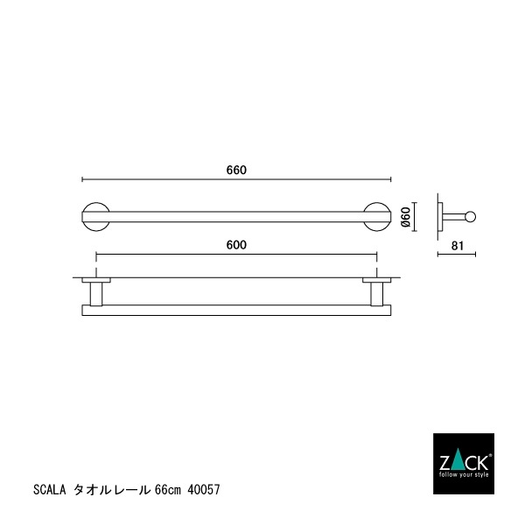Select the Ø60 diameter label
405,217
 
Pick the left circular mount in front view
95,216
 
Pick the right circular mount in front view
377,216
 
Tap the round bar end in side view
470,216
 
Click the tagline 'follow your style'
464,473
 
